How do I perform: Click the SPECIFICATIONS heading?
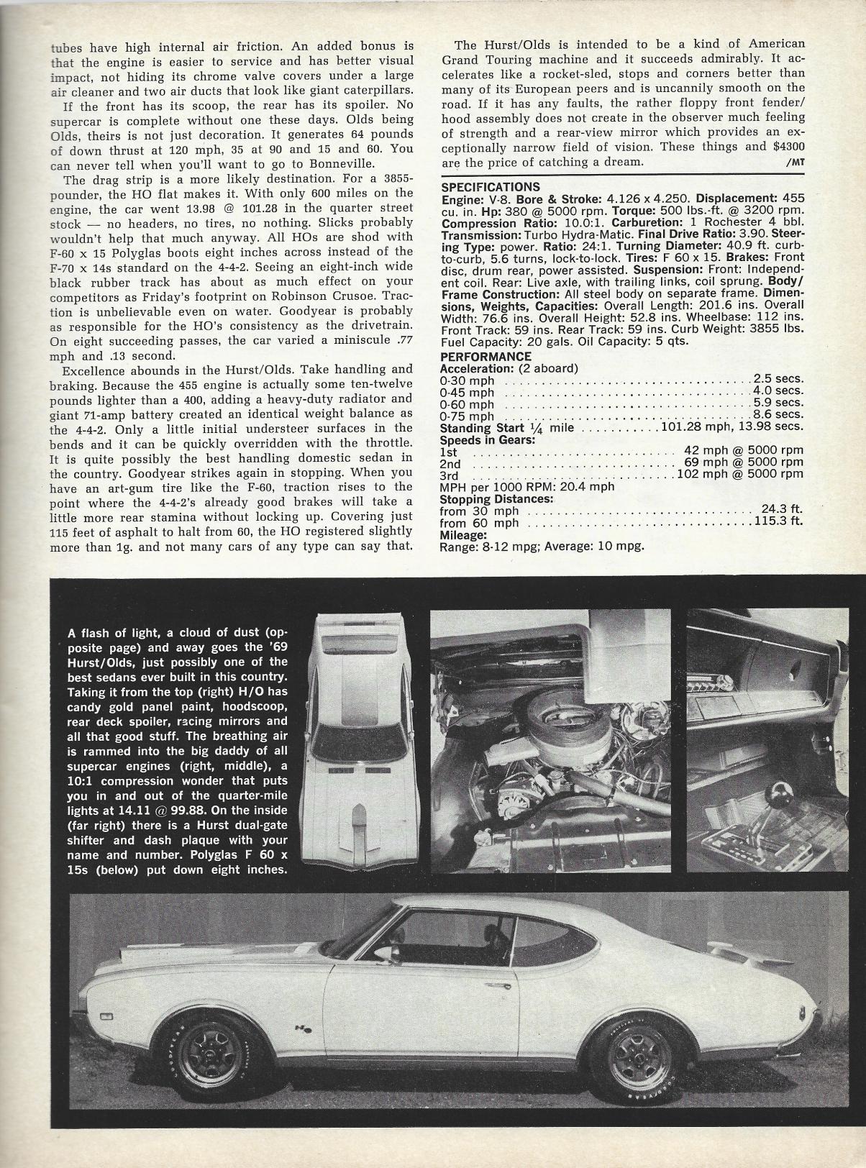pos(490,187)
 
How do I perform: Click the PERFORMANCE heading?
pos(486,357)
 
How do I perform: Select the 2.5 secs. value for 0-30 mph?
pos(778,379)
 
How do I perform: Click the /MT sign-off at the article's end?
pos(796,163)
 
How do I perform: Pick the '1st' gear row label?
pos(448,452)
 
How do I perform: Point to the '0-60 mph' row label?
pos(467,403)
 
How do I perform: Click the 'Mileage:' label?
pos(463,534)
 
